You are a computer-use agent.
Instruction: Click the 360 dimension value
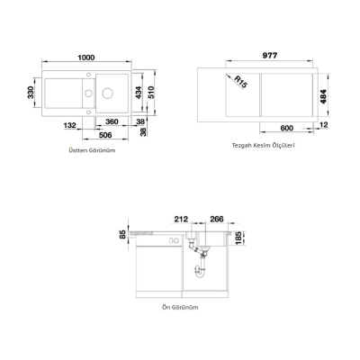point(112,120)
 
